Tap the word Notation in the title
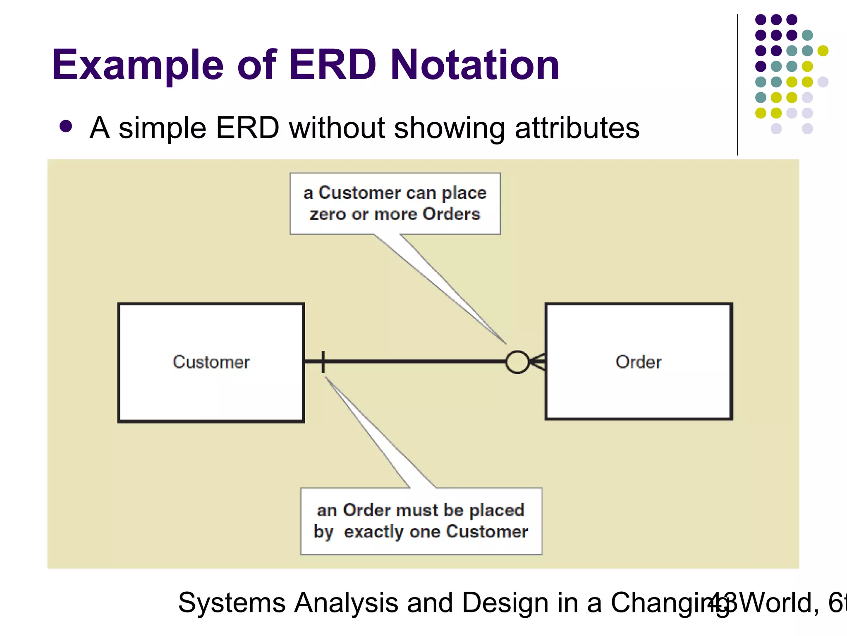474,65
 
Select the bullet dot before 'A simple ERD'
66,126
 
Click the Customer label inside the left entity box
211,362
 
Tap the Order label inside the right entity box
638,362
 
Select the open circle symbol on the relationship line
517,362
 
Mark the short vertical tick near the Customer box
323,362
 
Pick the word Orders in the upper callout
451,214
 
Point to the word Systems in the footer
232,603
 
